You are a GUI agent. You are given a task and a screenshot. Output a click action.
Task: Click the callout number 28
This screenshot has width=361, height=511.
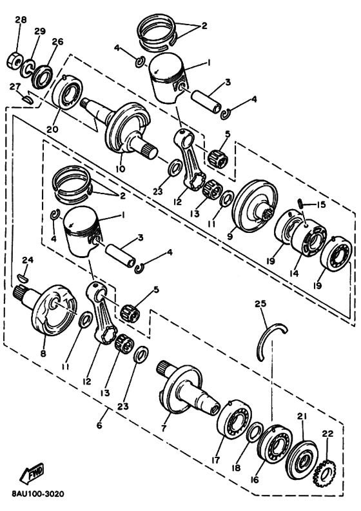click(x=21, y=20)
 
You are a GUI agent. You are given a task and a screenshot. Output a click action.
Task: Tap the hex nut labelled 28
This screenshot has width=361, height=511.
click(x=14, y=61)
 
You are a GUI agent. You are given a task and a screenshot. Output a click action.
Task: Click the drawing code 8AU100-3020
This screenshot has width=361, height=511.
click(x=38, y=494)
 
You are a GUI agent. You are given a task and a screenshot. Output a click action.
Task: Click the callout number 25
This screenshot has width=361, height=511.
click(x=260, y=303)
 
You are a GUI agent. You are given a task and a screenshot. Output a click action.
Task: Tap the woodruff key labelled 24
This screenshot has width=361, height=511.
click(x=23, y=277)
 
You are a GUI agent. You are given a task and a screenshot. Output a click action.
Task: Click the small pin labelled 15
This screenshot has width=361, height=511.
click(x=301, y=205)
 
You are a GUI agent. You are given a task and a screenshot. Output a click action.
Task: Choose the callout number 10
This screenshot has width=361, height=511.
click(x=120, y=169)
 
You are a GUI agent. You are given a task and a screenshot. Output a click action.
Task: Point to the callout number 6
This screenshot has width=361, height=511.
click(x=99, y=425)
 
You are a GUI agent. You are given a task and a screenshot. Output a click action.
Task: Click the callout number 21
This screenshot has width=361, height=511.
click(x=302, y=417)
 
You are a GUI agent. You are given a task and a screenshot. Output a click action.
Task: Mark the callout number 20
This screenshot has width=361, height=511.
click(x=52, y=129)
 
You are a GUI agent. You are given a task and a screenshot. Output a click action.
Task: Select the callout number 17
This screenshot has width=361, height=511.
click(x=215, y=460)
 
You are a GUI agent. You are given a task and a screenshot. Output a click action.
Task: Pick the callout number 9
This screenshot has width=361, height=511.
click(x=230, y=236)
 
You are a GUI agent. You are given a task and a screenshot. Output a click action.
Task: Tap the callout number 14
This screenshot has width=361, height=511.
click(x=294, y=273)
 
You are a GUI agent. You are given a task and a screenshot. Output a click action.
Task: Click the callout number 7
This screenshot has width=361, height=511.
click(x=163, y=427)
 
